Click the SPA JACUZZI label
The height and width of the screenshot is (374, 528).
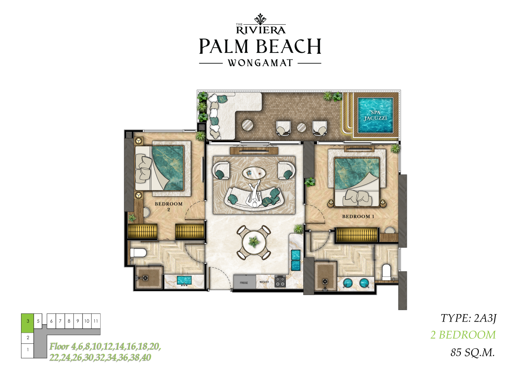tap(375, 115)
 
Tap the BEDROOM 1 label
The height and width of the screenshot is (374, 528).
tap(358, 216)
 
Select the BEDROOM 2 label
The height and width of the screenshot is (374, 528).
tap(169, 206)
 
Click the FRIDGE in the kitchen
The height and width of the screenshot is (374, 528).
tap(245, 282)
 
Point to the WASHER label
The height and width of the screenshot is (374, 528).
tap(264, 282)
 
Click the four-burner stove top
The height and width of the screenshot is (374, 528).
tap(280, 281)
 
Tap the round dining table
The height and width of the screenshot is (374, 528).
tap(254, 242)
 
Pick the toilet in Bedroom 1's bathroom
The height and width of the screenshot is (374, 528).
tap(387, 272)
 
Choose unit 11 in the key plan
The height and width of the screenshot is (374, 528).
tap(96, 321)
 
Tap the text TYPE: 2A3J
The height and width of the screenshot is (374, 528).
tap(469, 318)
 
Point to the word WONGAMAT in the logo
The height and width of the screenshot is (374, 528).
tap(260, 63)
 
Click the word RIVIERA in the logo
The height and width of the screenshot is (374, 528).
tap(261, 30)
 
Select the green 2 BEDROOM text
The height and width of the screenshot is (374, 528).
tap(463, 335)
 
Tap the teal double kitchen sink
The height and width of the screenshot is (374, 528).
tap(296, 260)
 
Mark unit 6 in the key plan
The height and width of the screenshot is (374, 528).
tap(52, 321)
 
